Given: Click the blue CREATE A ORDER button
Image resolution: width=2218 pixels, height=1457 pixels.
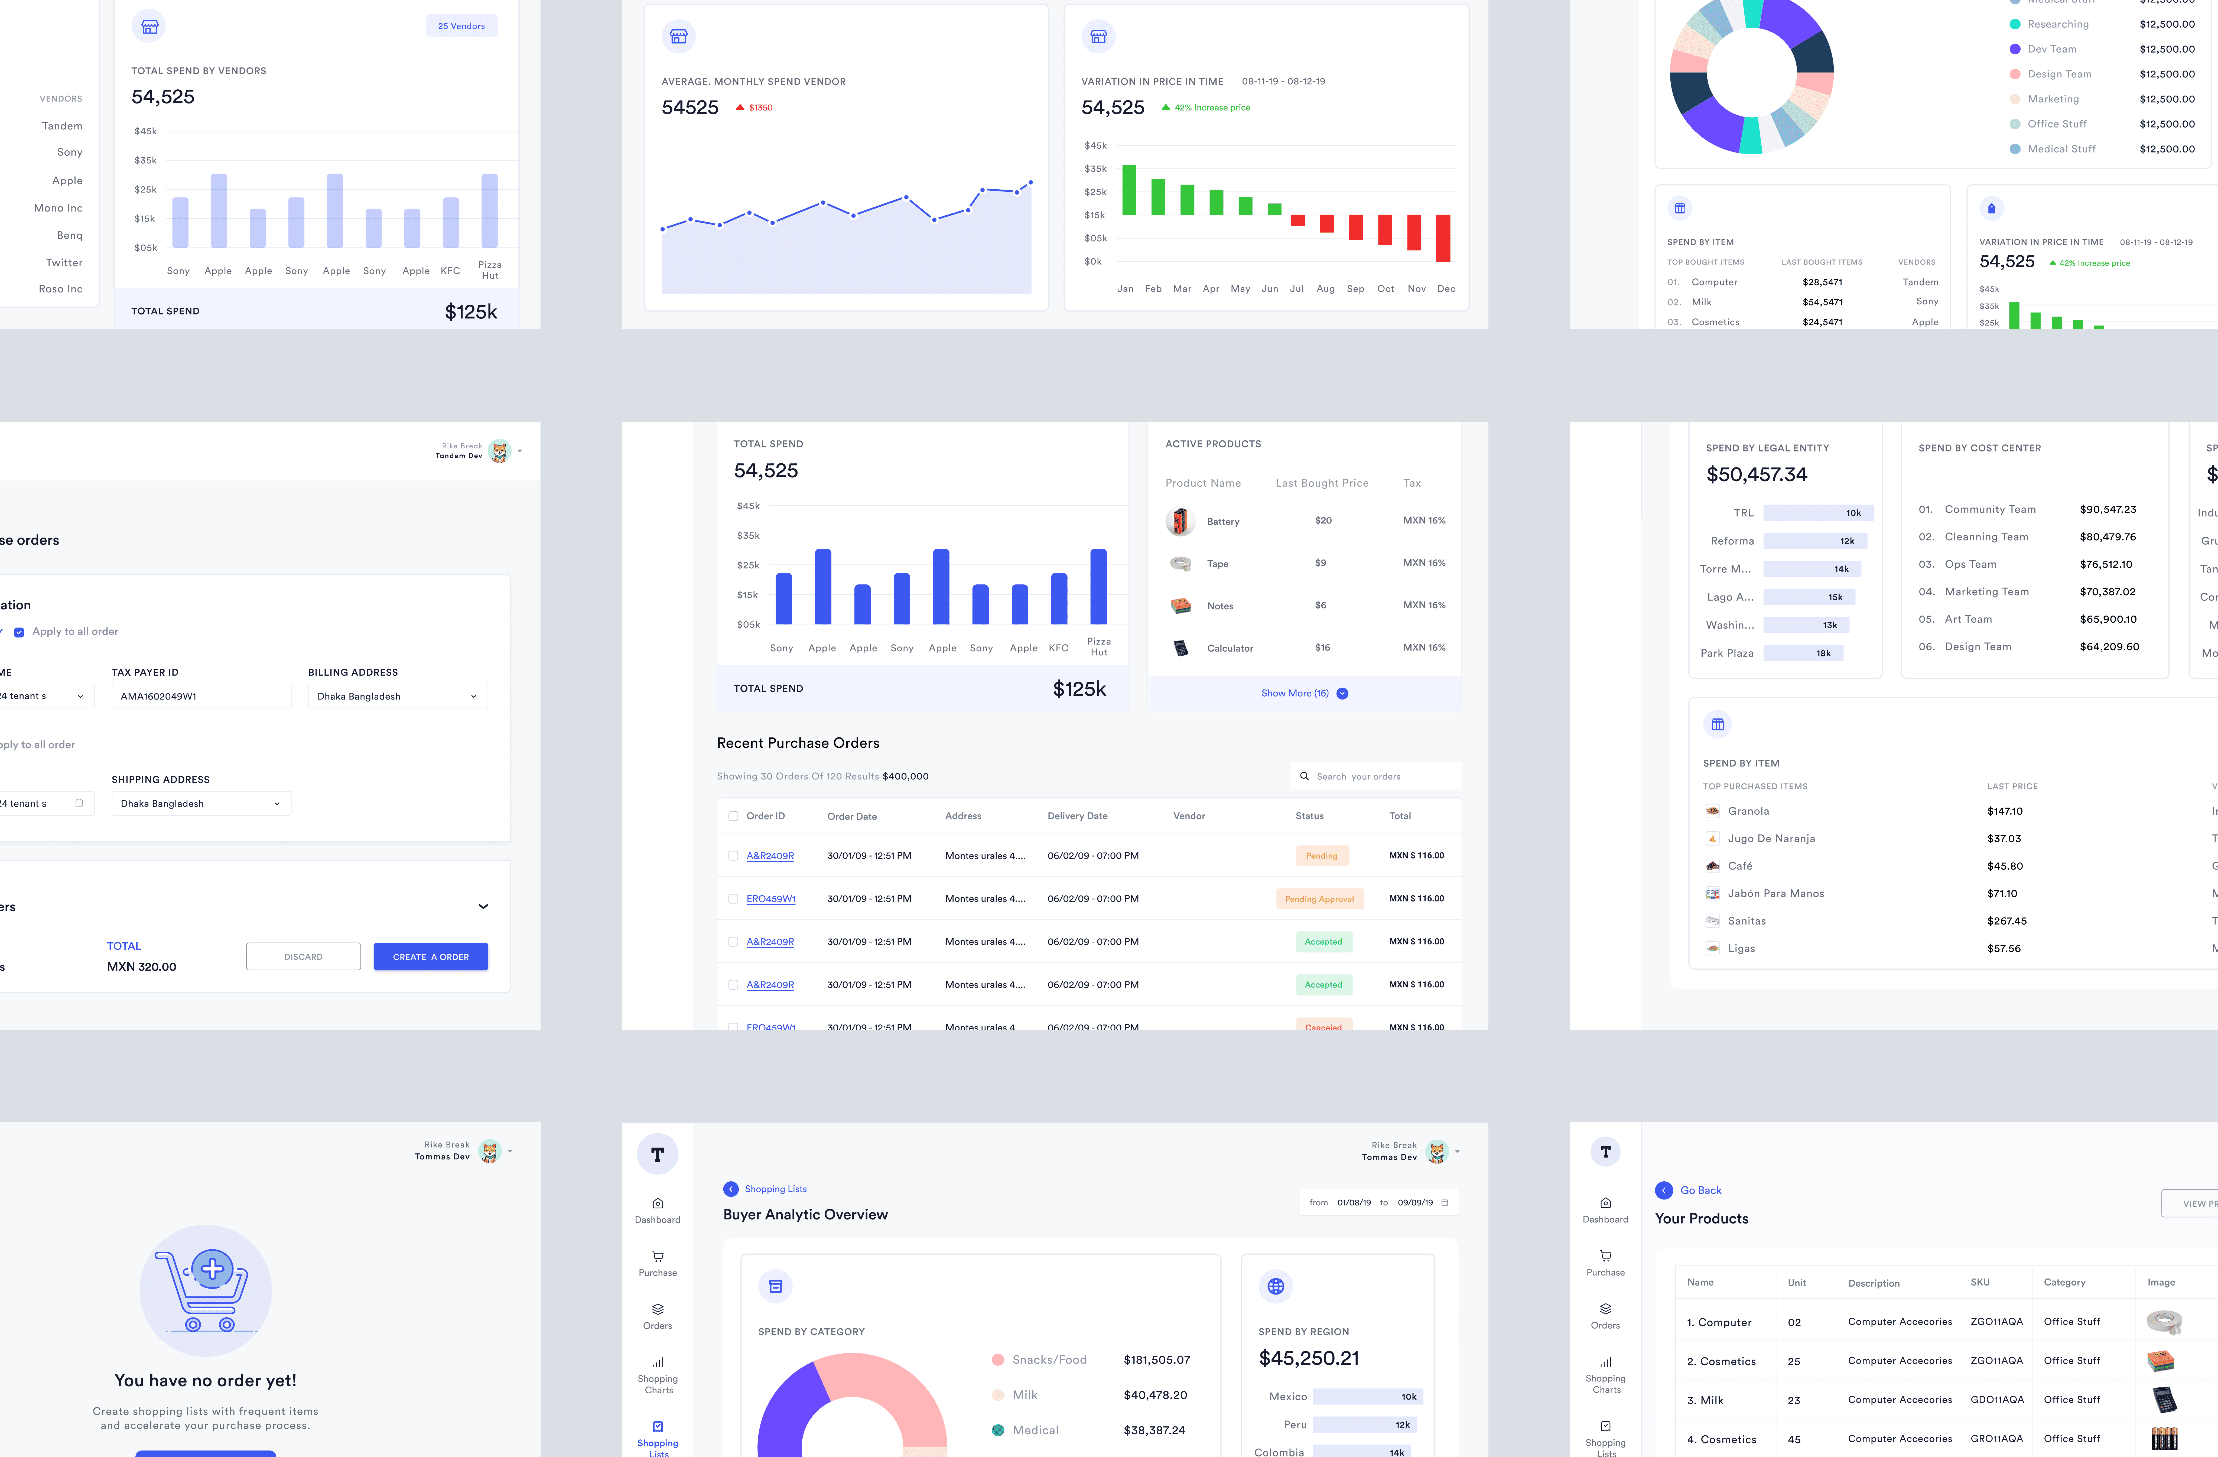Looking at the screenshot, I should coord(431,957).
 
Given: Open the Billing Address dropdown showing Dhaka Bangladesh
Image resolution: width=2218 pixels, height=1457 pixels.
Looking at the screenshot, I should coord(397,696).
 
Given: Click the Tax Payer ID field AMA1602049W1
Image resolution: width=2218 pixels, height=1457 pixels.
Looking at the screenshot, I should coord(200,696).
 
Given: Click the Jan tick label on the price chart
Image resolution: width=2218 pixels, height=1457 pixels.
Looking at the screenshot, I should coord(1125,289).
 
